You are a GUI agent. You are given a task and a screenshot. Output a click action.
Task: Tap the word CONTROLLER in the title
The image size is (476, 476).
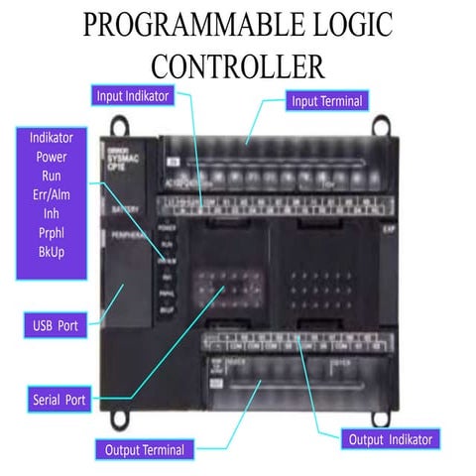pyautogui.click(x=238, y=64)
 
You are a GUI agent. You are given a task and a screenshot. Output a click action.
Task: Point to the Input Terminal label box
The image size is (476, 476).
pyautogui.click(x=328, y=100)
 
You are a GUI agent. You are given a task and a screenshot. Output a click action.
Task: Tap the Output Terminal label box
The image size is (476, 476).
pyautogui.click(x=145, y=449)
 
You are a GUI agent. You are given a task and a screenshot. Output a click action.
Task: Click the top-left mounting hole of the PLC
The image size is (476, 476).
pyautogui.click(x=117, y=126)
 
